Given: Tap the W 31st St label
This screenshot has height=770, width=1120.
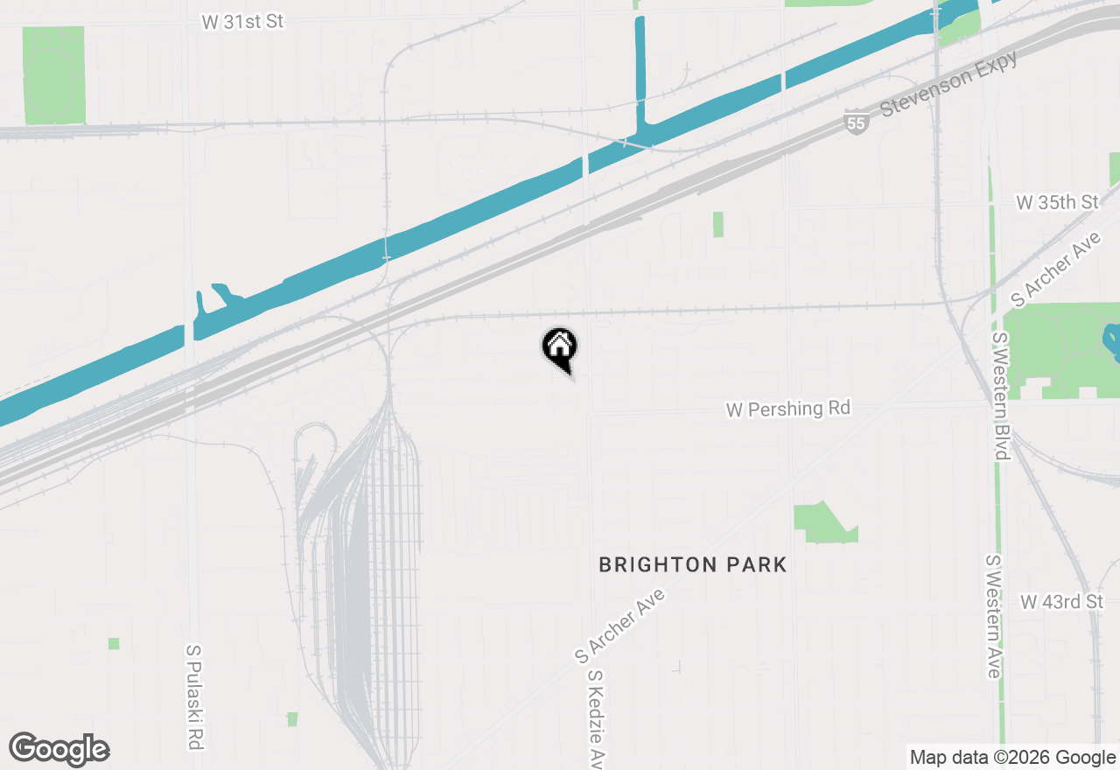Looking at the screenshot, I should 242,22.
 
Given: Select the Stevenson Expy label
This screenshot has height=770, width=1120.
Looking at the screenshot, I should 949,83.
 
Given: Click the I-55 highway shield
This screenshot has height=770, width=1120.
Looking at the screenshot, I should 857,123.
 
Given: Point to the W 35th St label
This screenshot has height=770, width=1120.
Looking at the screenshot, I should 1057,202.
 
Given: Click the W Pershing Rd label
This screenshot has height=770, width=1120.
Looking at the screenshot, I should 787,409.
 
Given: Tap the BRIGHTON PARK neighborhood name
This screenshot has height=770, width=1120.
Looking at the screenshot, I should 692,565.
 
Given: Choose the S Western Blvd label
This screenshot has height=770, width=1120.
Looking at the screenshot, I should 1000,395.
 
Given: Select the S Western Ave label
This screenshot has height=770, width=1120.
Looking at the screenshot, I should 993,615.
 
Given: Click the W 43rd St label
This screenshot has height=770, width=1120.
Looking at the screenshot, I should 1061,602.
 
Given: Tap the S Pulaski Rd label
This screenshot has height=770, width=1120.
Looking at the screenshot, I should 194,697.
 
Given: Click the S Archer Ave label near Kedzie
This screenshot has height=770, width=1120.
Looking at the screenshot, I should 620,626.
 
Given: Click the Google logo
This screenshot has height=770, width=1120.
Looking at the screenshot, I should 59,749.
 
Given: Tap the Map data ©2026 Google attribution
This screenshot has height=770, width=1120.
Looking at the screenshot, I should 1012,758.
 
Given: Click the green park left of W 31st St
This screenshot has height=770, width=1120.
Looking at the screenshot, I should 54,75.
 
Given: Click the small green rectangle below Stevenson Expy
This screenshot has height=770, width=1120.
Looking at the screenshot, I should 718,224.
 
